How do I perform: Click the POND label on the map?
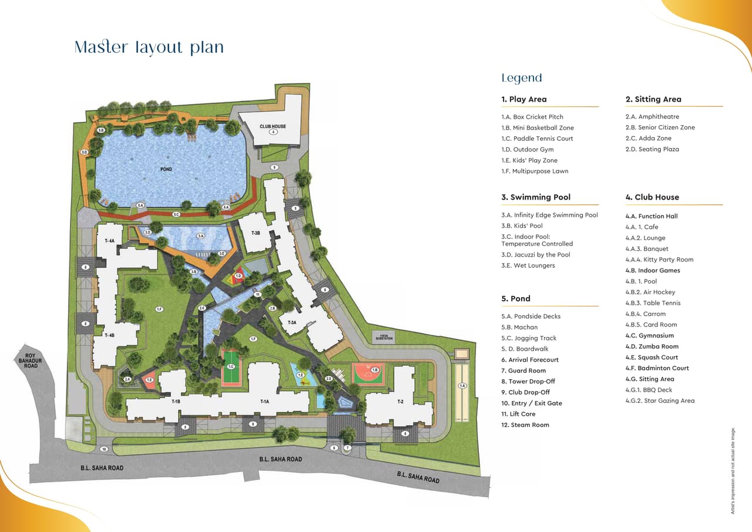(x=166, y=170)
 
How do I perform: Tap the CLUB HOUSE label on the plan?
(x=273, y=126)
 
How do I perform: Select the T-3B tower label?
(x=256, y=233)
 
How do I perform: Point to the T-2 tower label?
(x=400, y=402)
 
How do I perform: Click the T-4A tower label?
(x=109, y=241)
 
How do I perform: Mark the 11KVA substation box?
(x=384, y=337)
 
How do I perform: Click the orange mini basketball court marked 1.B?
(x=368, y=372)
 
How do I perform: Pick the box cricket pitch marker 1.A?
(x=462, y=386)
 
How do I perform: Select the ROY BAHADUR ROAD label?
(x=31, y=361)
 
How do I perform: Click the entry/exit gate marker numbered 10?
(x=103, y=449)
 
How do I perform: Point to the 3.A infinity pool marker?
(x=200, y=236)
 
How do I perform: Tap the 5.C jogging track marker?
(x=176, y=214)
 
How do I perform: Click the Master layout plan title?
(x=149, y=48)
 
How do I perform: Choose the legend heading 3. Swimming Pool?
(x=536, y=197)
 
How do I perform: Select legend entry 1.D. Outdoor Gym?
(x=527, y=149)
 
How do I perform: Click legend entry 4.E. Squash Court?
(x=652, y=357)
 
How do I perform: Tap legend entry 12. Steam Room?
(x=525, y=425)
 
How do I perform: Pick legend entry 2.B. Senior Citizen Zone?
(x=660, y=127)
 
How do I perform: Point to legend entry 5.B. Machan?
(x=519, y=327)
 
